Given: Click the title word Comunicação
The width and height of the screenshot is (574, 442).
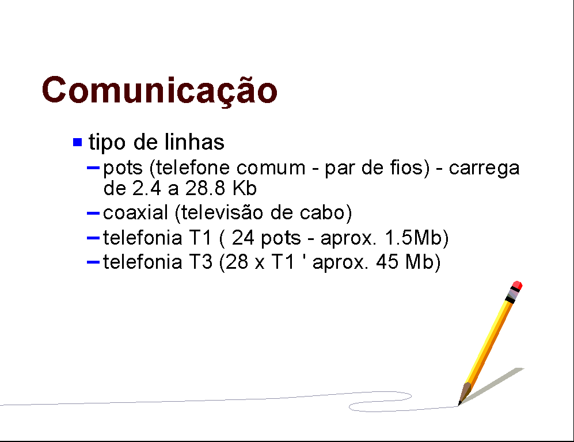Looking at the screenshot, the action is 159,91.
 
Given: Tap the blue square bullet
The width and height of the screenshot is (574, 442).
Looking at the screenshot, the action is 77,142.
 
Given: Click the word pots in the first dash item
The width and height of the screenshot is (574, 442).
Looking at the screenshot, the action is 123,168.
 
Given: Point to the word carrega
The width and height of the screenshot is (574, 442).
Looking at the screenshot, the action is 484,169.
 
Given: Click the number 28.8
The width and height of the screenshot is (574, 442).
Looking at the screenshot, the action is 205,188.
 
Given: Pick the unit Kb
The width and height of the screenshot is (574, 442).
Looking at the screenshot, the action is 245,188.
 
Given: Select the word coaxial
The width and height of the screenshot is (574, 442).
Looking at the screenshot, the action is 135,212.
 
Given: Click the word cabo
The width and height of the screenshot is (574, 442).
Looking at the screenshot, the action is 322,212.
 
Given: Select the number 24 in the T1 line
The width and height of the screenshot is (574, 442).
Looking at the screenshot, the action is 243,238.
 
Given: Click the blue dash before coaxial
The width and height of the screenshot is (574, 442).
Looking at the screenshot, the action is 93,213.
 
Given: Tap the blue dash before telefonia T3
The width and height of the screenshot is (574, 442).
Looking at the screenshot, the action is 93,262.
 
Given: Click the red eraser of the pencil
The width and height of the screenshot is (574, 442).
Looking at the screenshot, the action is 517,285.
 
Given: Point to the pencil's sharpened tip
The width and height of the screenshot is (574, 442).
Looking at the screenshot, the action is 459,404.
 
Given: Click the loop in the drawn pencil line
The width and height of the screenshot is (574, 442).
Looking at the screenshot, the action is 381,402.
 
